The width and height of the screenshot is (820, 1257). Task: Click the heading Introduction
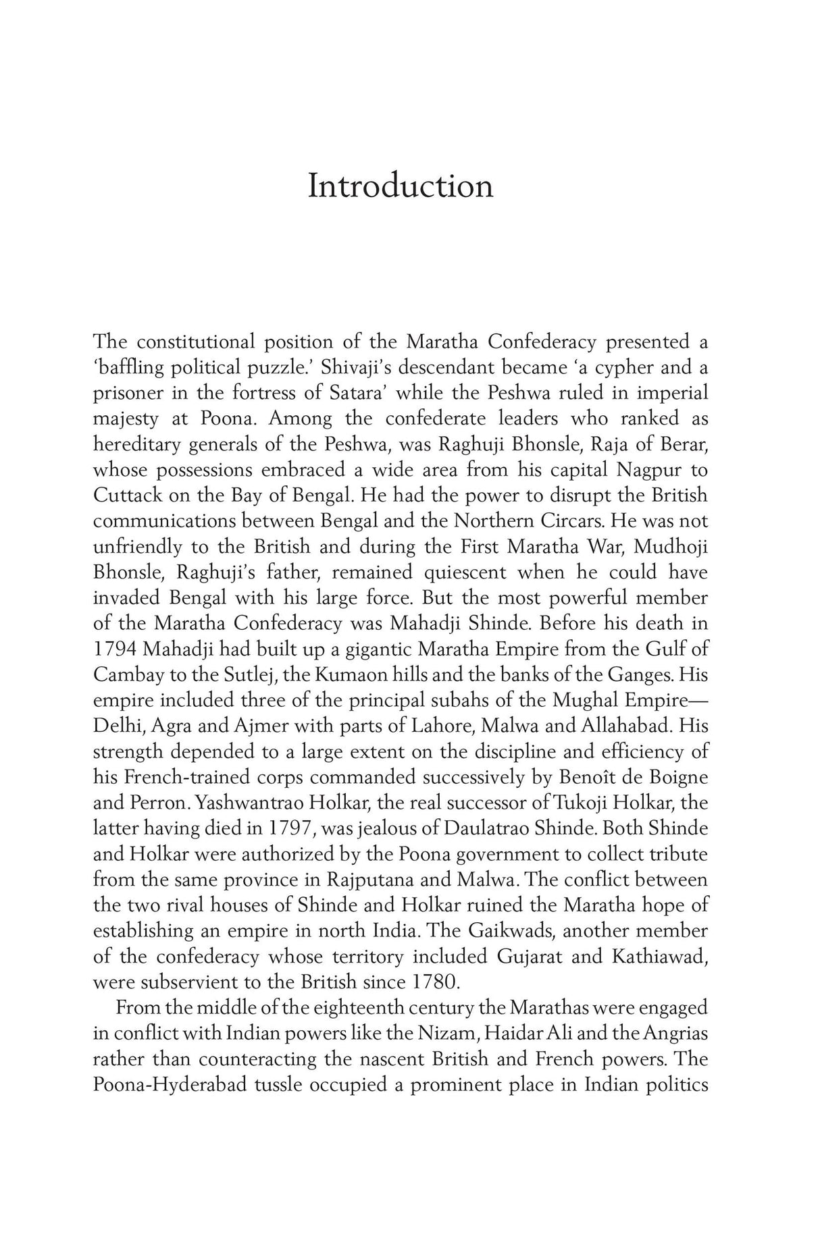pyautogui.click(x=400, y=186)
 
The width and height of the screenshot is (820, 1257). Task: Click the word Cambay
pyautogui.click(x=126, y=675)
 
